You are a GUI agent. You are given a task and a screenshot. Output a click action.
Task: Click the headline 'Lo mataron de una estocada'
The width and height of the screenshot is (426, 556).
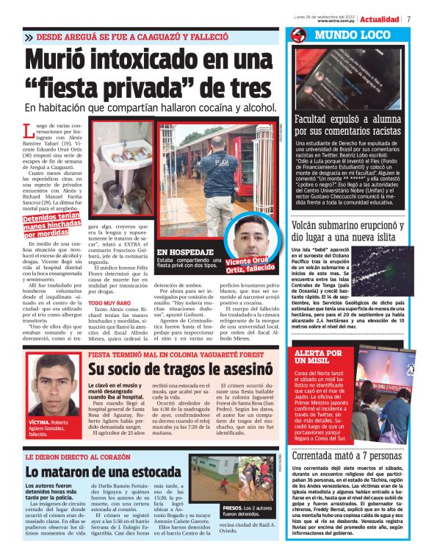click(103, 471)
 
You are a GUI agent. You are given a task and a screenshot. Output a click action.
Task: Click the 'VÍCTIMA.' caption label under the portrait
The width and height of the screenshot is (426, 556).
click(40, 424)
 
